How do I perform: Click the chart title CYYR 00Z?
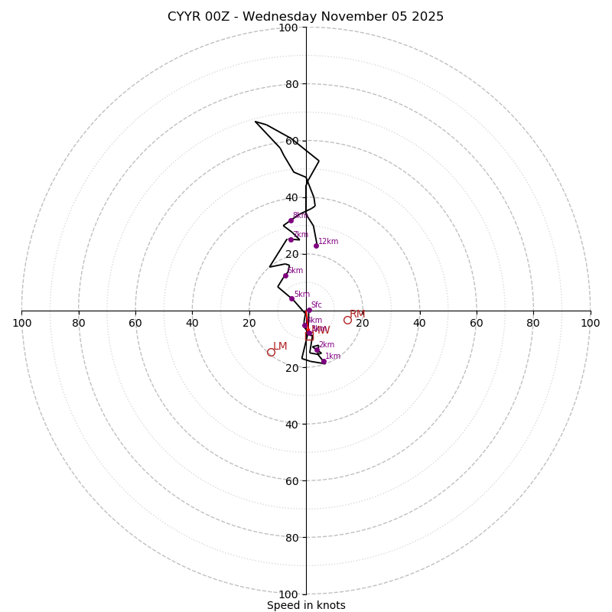305,17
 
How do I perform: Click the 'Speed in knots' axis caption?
306,605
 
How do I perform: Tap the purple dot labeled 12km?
316,246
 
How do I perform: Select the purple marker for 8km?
291,220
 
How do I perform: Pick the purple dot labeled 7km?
291,239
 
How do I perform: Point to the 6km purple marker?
285,275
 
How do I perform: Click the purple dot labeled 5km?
291,298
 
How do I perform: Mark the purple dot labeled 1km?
324,361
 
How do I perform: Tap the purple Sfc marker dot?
309,310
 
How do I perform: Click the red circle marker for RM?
347,320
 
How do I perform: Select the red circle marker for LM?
271,352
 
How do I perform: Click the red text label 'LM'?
280,347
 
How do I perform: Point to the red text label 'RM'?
357,314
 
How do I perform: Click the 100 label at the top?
288,28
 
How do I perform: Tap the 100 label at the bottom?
288,594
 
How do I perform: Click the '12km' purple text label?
328,242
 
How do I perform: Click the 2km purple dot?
317,350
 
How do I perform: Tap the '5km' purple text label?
302,294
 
